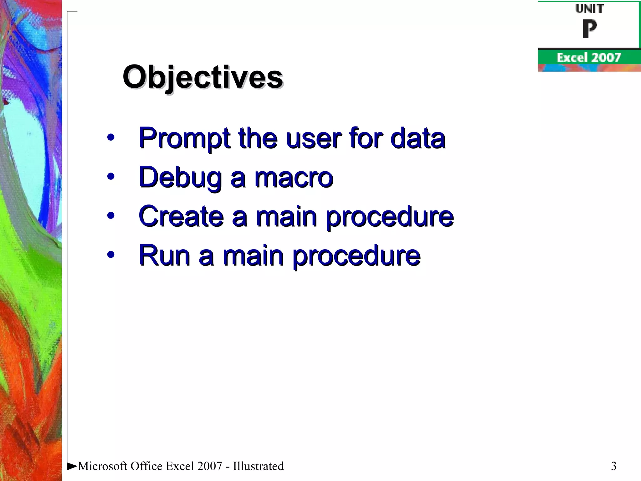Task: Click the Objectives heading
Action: pos(203,77)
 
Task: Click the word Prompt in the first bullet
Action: pos(184,138)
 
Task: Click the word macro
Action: pos(294,178)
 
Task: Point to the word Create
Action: pos(181,216)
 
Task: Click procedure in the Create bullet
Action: pos(389,217)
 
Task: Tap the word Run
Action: pos(164,256)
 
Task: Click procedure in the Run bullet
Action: pos(356,256)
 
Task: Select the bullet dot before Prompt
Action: pos(110,137)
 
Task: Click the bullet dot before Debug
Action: pos(110,176)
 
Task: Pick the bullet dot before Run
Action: pos(110,254)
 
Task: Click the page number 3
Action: pos(613,466)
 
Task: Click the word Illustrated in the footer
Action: pos(258,466)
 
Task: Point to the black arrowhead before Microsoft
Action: pos(72,466)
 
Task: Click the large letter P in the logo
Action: pos(589,29)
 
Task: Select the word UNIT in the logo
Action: pos(589,9)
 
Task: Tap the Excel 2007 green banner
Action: pos(588,58)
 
